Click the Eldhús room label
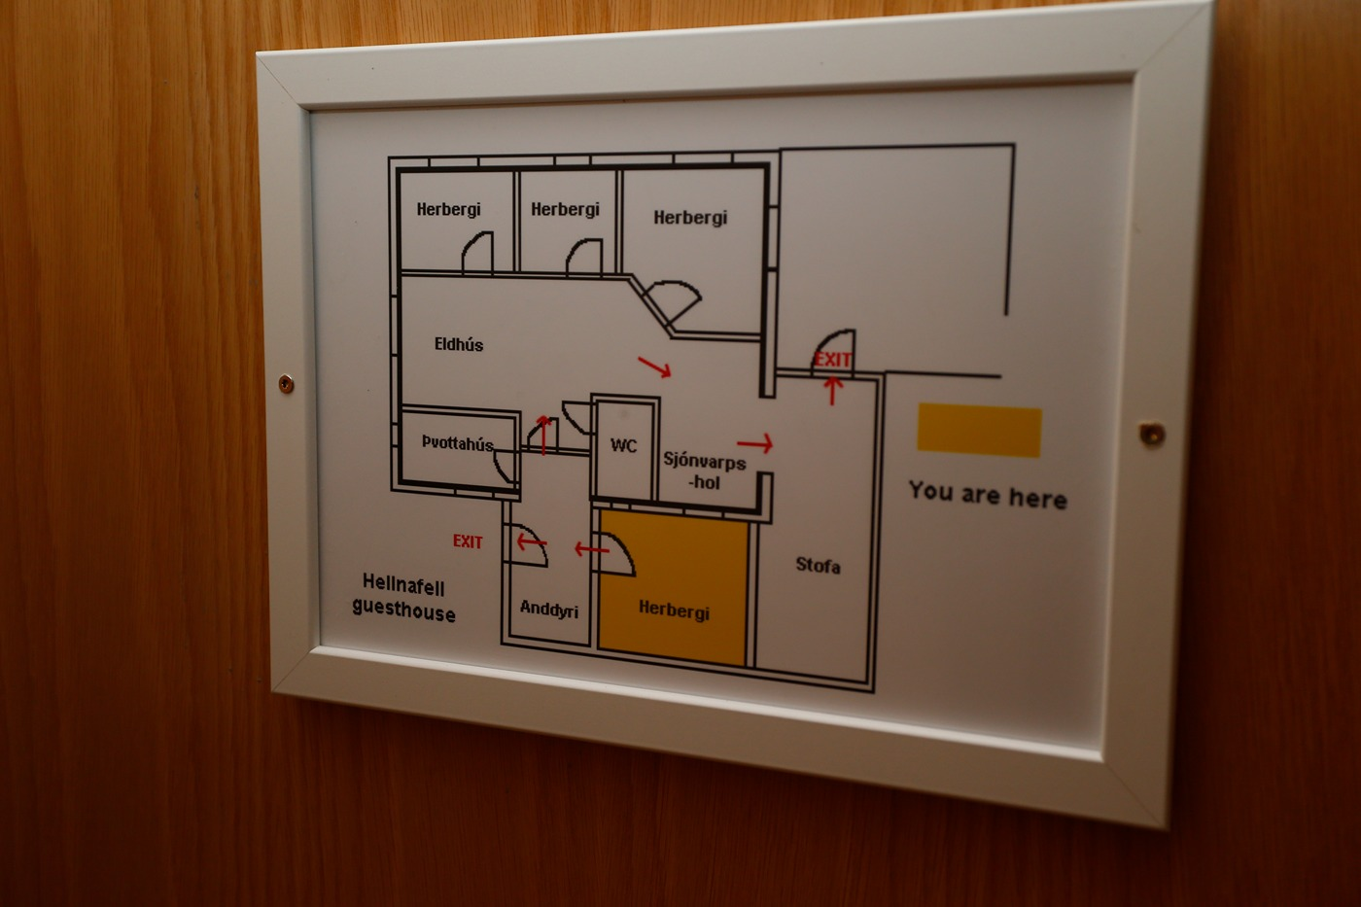458,344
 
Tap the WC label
623,445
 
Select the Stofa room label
818,565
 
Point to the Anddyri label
548,609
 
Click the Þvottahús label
457,443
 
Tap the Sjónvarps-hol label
704,471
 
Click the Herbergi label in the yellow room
674,610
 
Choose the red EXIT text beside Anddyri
468,541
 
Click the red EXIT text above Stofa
832,360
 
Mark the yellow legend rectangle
979,430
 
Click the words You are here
987,495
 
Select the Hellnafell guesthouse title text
403,597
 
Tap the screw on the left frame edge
286,384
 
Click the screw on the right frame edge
1152,434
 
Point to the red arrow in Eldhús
654,366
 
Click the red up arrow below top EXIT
832,390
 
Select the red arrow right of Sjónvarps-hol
754,443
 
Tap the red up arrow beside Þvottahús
543,435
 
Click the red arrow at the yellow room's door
591,549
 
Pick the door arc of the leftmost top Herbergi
476,253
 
